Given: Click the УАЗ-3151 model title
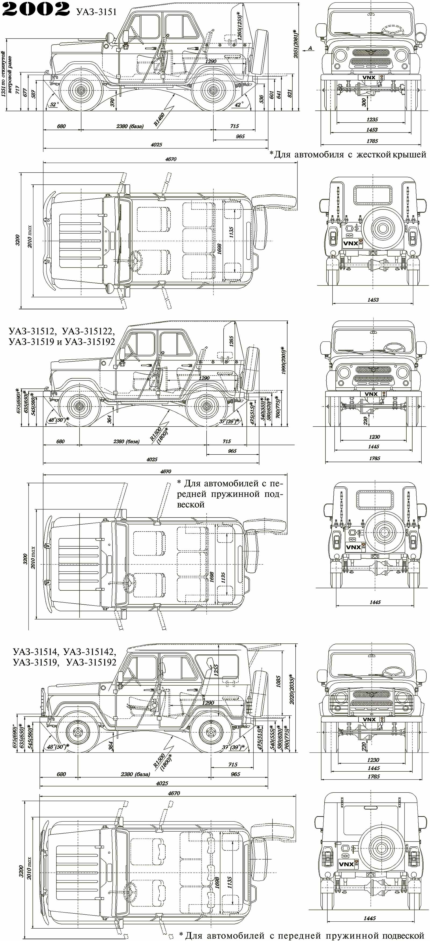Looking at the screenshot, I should tap(96, 12).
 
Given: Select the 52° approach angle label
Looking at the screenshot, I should tap(54, 105).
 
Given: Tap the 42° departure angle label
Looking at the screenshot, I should tap(239, 105).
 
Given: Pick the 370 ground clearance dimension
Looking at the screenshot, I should tap(112, 102).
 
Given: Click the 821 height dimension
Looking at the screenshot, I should tap(290, 93).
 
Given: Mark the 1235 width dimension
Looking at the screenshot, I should tap(372, 119).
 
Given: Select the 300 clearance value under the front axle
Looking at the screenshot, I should tap(364, 102).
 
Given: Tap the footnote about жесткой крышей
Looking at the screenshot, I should tap(347, 155).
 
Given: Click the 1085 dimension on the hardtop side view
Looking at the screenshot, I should tap(278, 681).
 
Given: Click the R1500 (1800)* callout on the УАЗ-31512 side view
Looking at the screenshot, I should tap(160, 435).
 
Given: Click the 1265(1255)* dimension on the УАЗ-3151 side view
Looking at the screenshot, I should tap(240, 27).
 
